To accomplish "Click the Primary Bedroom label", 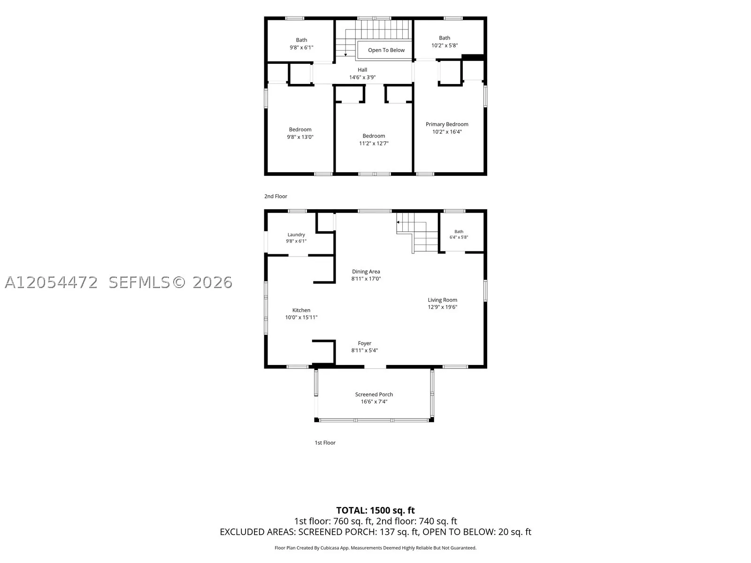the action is coord(447,124).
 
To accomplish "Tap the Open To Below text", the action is coord(386,50).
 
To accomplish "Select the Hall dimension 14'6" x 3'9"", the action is coord(362,77).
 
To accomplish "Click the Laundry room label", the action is coord(296,235).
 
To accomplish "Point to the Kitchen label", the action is coord(301,310).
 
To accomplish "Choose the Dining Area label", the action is coord(366,272).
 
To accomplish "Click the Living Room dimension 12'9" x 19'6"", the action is coord(443,307).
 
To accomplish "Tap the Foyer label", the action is coord(364,343).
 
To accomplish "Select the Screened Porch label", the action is coord(374,395).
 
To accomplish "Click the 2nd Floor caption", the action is coord(276,196).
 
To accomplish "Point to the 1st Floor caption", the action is coord(325,443).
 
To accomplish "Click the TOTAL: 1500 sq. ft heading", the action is coord(375,510).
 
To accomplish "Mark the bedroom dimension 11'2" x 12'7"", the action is coord(374,144).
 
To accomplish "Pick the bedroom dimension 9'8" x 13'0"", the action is coord(300,137).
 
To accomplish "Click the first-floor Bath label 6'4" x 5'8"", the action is coord(459,235).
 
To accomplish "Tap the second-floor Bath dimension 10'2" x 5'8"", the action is coord(444,46).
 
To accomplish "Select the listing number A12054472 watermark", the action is coord(51,282).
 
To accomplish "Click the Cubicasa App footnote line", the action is coord(375,548).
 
